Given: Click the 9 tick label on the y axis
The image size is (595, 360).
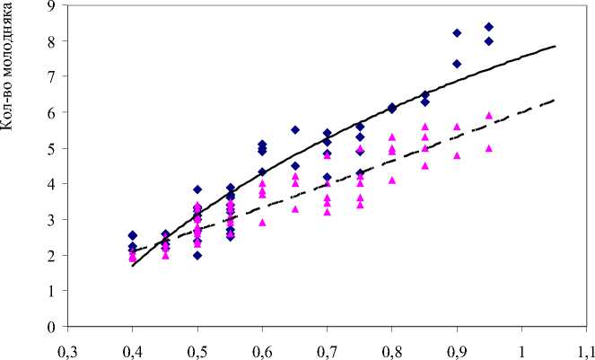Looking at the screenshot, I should point(51,5).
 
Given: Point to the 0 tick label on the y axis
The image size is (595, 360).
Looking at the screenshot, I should point(51,327).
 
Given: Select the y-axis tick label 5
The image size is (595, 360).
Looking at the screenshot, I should point(51,148).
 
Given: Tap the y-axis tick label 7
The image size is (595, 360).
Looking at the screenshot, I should point(51,76).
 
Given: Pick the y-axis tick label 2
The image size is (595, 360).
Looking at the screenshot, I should point(51,255).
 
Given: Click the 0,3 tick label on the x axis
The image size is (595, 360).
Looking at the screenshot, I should point(67,346).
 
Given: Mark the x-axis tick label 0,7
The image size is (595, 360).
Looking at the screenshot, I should point(327,346).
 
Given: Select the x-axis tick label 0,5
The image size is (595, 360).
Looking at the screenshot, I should point(197,346).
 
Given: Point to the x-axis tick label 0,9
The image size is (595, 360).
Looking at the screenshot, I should point(457,346).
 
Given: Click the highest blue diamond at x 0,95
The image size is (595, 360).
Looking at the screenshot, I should point(489,27).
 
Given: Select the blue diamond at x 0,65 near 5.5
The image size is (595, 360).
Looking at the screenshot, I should point(294,130).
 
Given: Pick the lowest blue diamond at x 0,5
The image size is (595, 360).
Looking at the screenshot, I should point(197,255).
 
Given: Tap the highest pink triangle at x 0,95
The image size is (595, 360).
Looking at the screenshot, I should point(489,115).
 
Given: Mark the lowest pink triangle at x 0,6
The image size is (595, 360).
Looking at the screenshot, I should point(262,222).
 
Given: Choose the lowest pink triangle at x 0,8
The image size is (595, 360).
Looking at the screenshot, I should point(392,180).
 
